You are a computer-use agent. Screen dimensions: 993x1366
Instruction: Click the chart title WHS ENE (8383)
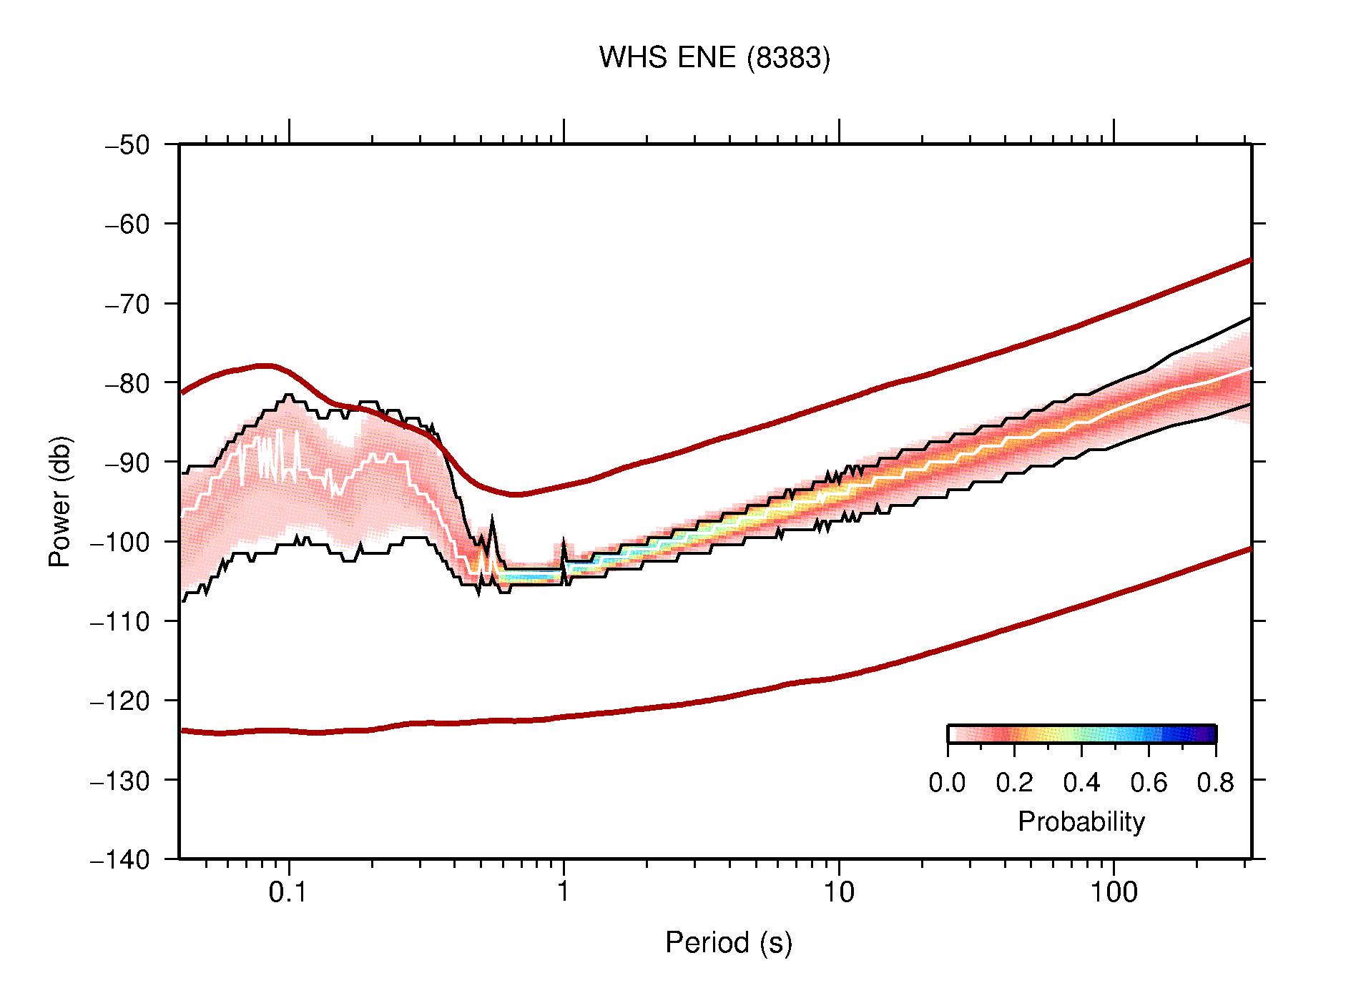714,58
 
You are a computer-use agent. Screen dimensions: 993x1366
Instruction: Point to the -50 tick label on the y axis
128,145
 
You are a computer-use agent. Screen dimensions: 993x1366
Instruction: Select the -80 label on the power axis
128,383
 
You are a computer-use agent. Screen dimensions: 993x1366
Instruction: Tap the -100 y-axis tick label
120,542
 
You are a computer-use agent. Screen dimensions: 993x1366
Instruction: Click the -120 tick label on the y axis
120,701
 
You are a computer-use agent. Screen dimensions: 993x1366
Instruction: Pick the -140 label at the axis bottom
120,859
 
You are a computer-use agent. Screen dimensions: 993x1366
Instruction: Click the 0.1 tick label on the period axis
288,892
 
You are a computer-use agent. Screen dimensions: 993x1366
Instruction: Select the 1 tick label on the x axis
564,892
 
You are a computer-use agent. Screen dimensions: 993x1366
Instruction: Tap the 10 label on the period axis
838,892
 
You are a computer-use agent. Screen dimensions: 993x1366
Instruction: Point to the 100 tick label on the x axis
1114,892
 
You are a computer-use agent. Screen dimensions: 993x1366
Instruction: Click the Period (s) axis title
729,943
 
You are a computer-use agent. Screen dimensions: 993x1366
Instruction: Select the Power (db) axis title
60,501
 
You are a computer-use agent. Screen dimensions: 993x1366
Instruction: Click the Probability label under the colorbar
1081,822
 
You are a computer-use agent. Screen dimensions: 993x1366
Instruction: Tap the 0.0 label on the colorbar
947,783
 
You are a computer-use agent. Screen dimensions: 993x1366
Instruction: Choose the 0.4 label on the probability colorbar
1081,783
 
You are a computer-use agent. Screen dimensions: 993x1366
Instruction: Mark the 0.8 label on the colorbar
1215,783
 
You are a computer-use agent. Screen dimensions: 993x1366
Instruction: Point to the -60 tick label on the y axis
128,224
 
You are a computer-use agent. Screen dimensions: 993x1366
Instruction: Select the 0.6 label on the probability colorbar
1149,783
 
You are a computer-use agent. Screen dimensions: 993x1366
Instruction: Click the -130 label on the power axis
120,780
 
